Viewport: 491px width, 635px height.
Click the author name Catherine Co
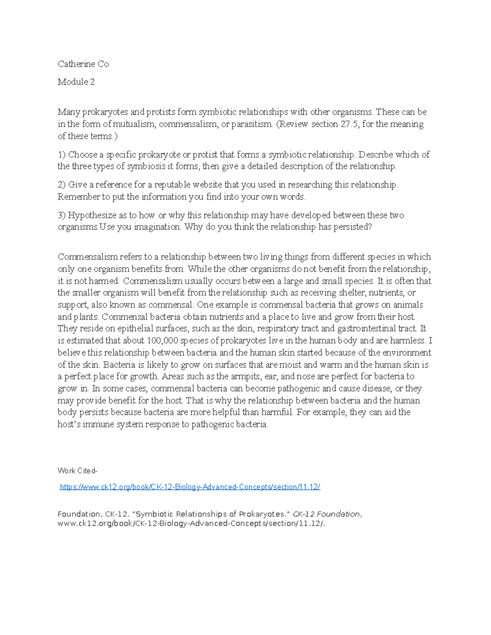(83, 64)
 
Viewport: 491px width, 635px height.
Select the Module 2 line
(76, 82)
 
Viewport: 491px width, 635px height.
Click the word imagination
(157, 227)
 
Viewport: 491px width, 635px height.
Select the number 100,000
(162, 340)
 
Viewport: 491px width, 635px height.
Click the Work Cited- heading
(77, 471)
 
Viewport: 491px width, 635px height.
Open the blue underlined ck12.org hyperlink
(190, 487)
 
